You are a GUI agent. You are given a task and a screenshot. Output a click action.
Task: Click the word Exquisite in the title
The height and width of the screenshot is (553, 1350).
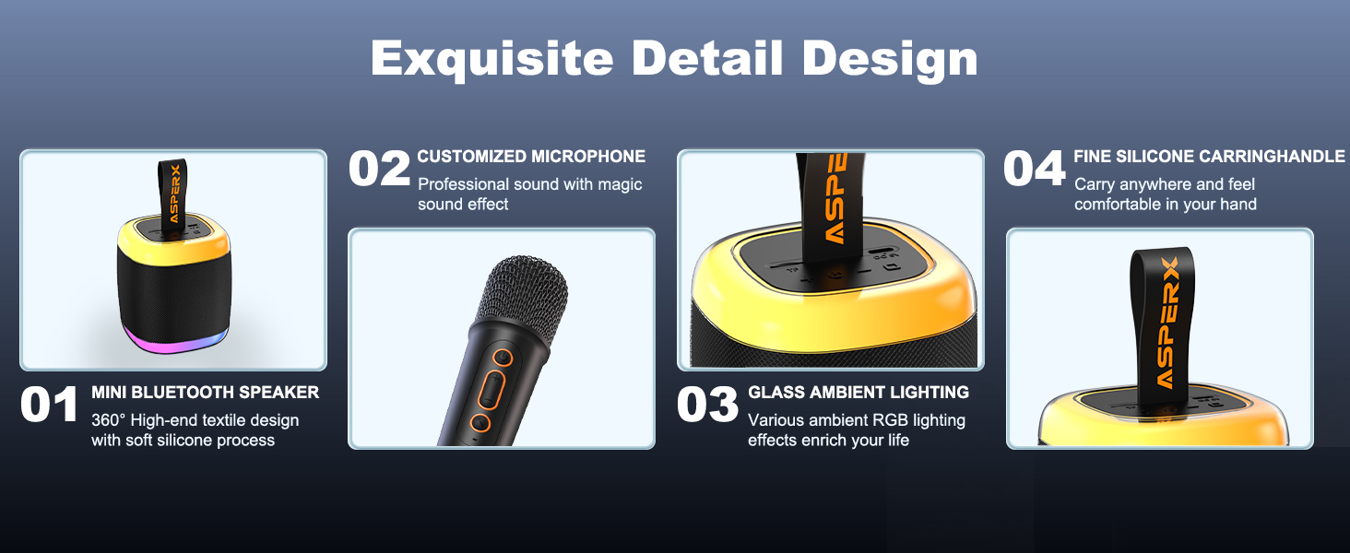[491, 58]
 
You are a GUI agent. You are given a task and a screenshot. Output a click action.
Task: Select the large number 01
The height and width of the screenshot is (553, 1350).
[49, 406]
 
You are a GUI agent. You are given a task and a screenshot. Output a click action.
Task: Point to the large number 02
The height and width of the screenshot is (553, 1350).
[379, 170]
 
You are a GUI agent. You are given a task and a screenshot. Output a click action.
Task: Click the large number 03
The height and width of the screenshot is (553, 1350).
[707, 406]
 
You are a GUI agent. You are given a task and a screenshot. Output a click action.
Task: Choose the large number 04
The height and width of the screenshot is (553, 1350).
[1035, 170]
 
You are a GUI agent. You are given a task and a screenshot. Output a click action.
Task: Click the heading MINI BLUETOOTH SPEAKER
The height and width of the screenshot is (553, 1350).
[205, 393]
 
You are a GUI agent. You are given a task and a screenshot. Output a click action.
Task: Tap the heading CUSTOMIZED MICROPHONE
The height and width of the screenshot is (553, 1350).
[531, 157]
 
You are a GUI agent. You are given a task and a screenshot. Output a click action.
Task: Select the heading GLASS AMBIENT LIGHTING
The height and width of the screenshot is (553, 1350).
[859, 393]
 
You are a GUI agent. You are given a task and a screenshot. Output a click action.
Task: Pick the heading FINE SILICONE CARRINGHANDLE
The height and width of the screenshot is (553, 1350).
[1209, 157]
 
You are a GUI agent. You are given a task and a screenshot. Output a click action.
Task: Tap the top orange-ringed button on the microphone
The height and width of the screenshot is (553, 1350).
[502, 357]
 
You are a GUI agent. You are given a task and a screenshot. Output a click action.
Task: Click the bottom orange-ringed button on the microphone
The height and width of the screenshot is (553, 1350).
[480, 423]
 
